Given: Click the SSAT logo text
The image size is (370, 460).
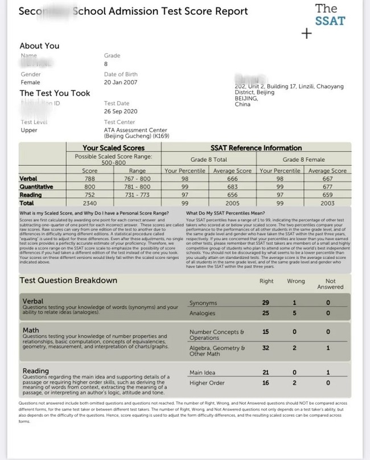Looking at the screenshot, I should click(330, 15).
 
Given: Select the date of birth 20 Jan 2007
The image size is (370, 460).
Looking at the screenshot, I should click(121, 83).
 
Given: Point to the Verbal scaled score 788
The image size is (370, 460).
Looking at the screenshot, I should click(90, 178).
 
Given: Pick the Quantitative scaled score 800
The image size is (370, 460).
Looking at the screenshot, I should click(90, 186).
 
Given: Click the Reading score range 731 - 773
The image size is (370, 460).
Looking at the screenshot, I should click(138, 194).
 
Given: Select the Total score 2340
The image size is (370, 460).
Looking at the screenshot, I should click(90, 202).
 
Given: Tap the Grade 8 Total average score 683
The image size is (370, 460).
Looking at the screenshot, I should click(232, 186).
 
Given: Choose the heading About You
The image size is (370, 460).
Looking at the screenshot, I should click(39, 46).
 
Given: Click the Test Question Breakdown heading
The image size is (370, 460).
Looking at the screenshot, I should click(68, 280).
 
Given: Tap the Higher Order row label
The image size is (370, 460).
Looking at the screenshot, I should click(207, 383).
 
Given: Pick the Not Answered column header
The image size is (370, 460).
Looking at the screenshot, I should click(330, 284).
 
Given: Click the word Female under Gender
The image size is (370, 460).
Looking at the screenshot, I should click(31, 83).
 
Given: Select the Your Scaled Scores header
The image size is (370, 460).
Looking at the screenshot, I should click(114, 148).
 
